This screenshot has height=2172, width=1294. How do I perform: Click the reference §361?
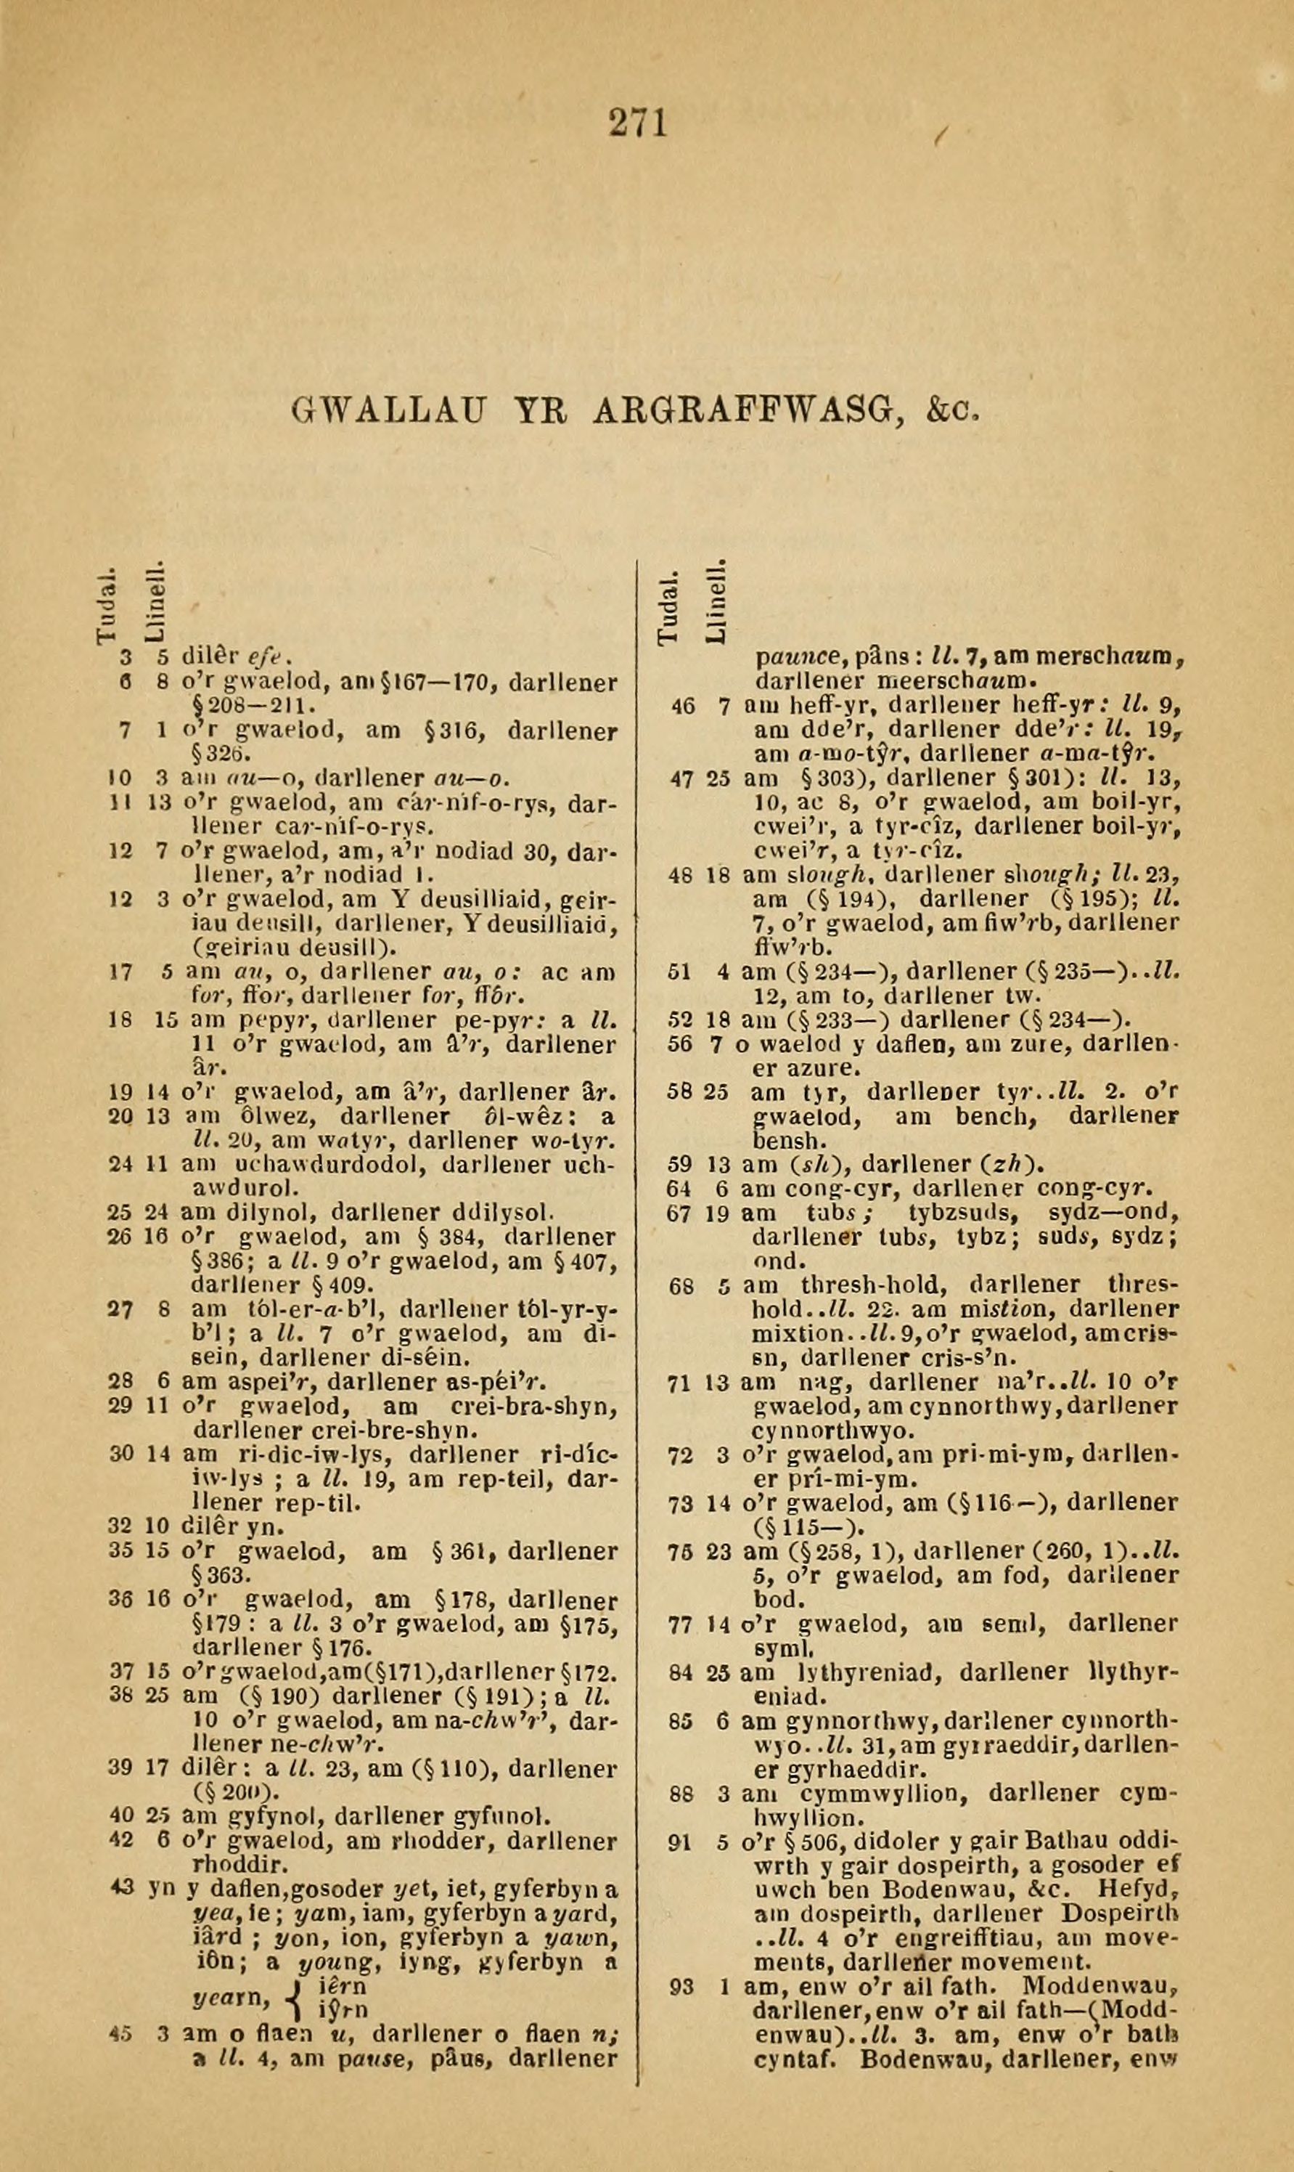tap(462, 1552)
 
